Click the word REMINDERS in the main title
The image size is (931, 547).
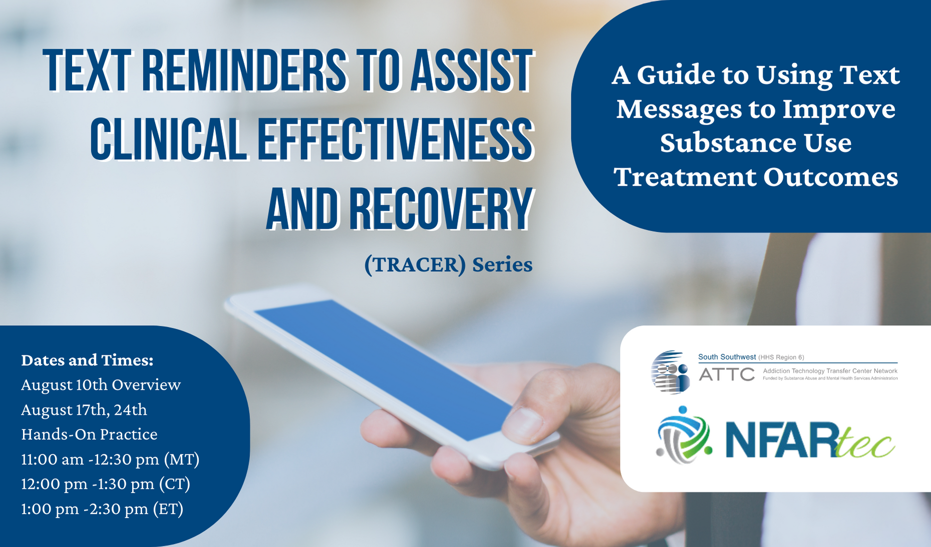coord(244,71)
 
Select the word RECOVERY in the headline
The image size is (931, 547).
coord(440,209)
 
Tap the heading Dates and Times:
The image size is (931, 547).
coord(87,360)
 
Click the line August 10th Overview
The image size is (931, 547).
coord(101,384)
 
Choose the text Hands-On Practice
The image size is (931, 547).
coord(89,434)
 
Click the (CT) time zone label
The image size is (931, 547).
coord(175,484)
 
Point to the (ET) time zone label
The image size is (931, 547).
coord(168,509)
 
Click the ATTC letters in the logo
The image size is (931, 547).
coord(727,374)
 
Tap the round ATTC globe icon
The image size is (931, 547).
coord(670,372)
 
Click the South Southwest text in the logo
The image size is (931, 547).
coord(727,357)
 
